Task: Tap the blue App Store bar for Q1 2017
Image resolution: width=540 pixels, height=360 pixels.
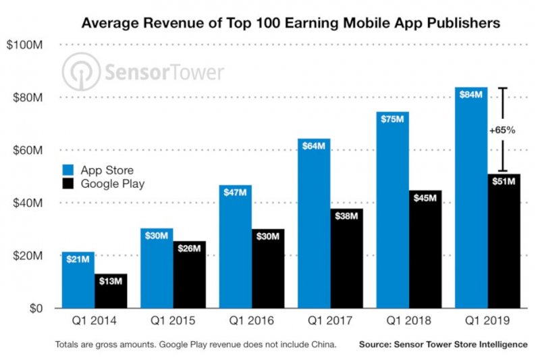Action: click(x=314, y=223)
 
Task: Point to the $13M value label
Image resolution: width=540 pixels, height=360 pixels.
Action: click(x=111, y=281)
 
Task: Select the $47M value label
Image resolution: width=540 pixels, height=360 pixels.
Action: click(x=235, y=193)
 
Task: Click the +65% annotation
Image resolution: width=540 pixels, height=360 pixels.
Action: click(x=502, y=130)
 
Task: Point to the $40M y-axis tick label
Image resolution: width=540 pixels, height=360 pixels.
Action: click(x=25, y=203)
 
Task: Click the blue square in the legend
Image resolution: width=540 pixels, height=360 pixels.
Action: click(x=69, y=170)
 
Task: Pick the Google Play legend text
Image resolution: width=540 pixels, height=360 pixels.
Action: click(x=113, y=183)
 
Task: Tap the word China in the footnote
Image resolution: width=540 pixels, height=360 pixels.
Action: click(x=321, y=344)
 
